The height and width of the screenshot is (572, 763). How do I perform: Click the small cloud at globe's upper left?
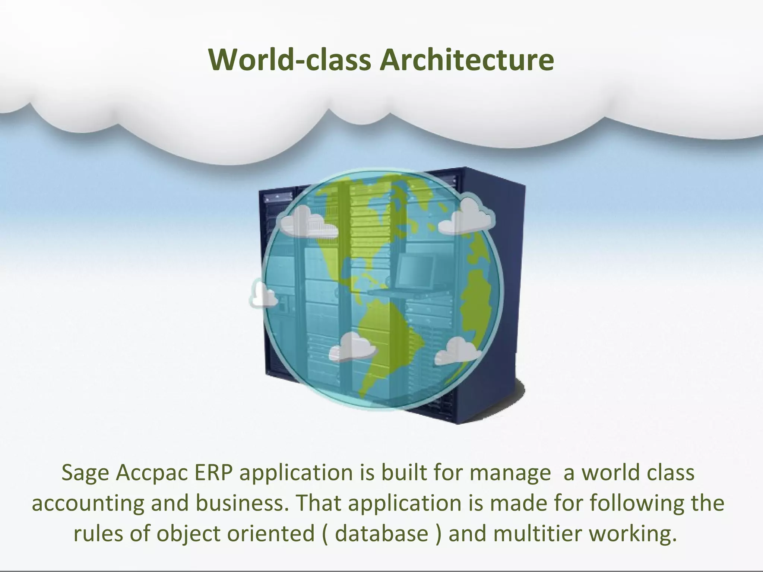[308, 222]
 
